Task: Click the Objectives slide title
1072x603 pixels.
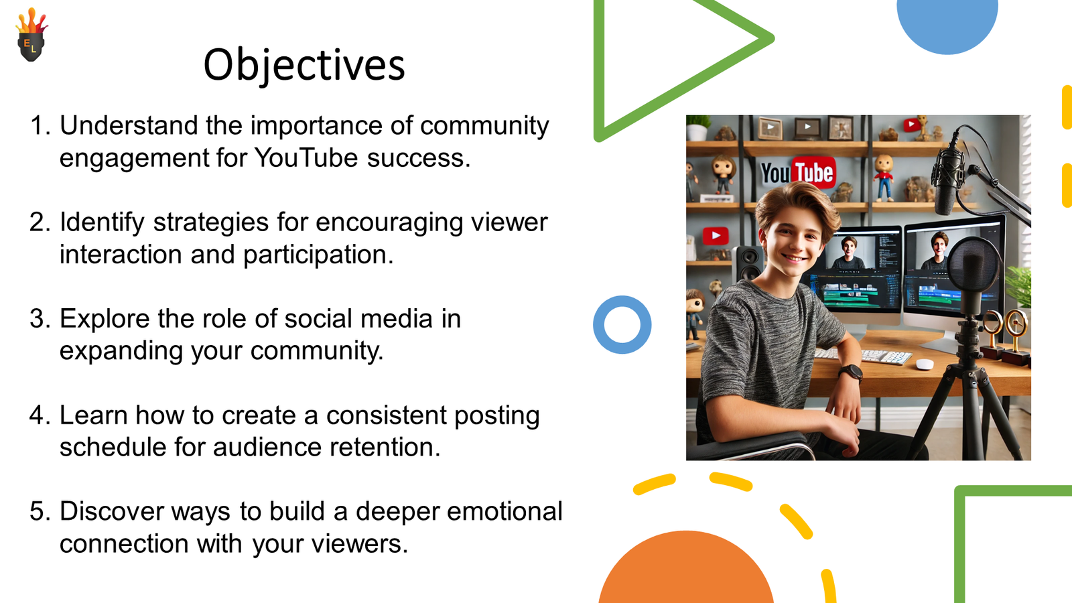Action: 304,66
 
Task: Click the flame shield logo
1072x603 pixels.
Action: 31,35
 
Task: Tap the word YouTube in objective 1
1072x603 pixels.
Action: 306,157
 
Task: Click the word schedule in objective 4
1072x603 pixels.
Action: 112,447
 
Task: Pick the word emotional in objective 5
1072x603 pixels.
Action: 505,511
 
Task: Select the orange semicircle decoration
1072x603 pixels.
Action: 686,569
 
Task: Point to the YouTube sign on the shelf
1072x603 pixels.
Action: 798,172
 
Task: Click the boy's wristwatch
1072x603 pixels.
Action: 850,373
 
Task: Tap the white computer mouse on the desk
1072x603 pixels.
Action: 925,364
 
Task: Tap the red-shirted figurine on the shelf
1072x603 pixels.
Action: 884,177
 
